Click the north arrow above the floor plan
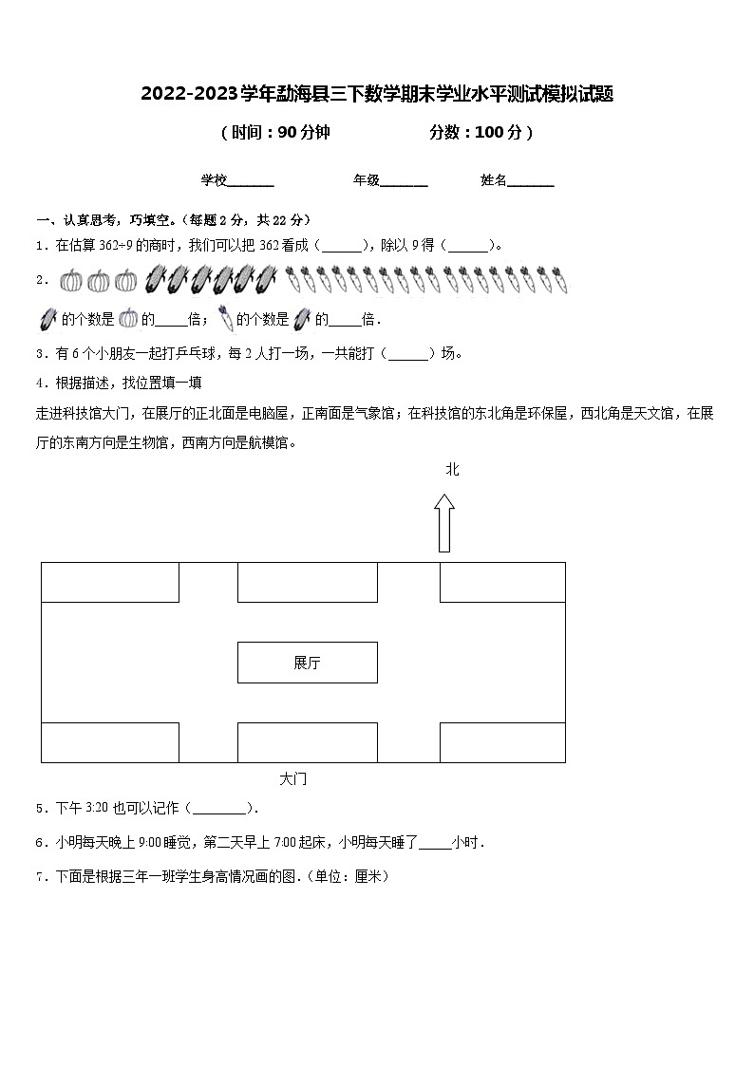tap(444, 522)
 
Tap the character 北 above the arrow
tap(452, 469)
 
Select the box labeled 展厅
tap(307, 663)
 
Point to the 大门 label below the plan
tap(293, 779)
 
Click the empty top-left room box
tap(110, 582)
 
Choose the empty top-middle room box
tap(307, 582)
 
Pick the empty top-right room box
tap(502, 582)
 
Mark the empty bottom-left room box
tap(110, 742)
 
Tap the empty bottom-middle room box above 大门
tap(307, 742)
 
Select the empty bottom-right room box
tap(502, 742)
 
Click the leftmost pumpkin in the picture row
tap(71, 280)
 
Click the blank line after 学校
tap(252, 182)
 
